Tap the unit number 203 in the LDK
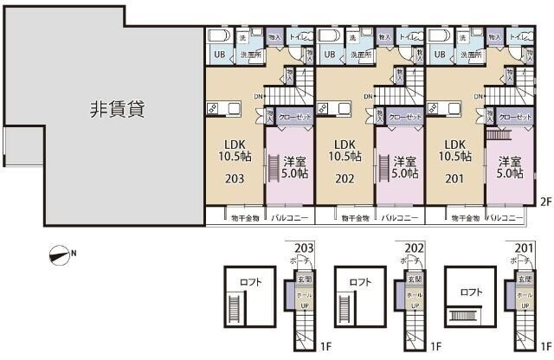click(232, 179)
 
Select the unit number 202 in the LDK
click(344, 179)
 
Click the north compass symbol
click(61, 254)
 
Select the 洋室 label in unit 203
click(294, 161)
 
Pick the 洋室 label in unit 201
click(509, 161)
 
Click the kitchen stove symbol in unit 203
click(211, 108)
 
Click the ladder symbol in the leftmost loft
click(231, 306)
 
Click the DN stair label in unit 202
click(370, 95)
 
